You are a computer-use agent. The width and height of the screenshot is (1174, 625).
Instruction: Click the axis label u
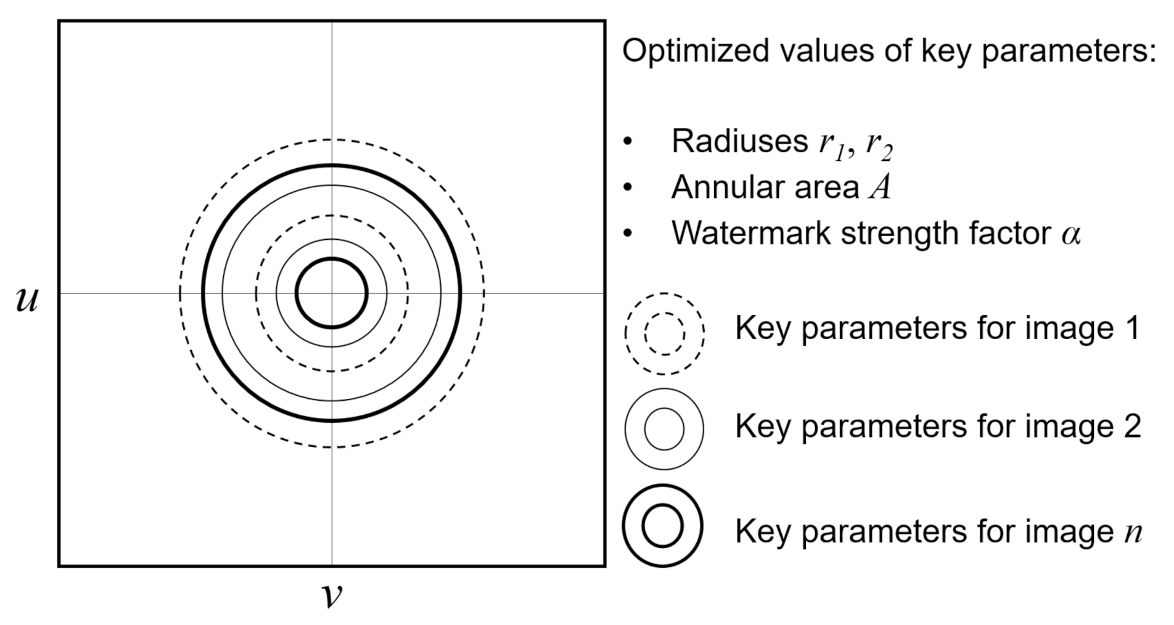pos(27,300)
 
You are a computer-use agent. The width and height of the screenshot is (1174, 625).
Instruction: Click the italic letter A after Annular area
pos(879,187)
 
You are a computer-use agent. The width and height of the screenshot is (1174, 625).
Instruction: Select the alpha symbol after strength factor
pos(1071,234)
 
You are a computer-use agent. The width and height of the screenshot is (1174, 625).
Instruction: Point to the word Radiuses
pos(739,141)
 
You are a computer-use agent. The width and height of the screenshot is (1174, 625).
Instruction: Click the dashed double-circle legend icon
pos(665,333)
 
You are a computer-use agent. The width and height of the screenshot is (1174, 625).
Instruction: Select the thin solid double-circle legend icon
pos(664,428)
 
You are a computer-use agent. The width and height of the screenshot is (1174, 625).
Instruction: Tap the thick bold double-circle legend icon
pos(663,526)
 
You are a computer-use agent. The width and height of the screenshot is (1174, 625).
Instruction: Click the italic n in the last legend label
pos(1133,532)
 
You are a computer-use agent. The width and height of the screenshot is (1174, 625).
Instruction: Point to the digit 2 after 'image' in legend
pos(1131,427)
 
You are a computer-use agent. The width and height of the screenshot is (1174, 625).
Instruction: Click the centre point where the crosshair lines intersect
pos(332,293)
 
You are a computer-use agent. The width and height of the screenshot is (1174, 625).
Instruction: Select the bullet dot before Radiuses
pos(628,142)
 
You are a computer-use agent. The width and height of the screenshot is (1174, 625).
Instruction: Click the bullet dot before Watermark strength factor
pos(628,234)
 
